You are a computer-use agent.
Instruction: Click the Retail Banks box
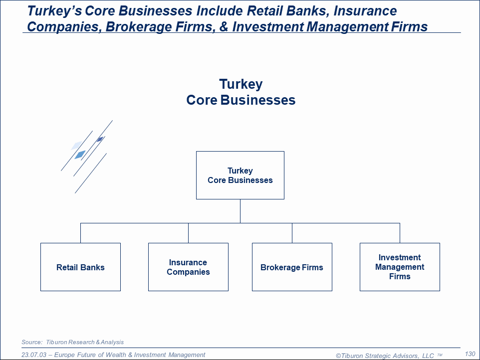click(80, 267)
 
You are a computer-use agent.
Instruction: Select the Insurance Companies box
click(188, 267)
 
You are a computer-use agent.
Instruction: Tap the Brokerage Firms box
click(292, 267)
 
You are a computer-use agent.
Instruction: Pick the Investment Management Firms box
click(400, 267)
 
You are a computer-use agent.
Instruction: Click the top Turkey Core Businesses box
click(240, 175)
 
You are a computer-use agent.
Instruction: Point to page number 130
click(470, 354)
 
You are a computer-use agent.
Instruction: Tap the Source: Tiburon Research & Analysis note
click(73, 342)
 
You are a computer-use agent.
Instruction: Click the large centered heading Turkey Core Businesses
click(240, 92)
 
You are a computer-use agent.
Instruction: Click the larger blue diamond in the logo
click(80, 155)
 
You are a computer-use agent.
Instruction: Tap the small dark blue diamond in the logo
click(100, 139)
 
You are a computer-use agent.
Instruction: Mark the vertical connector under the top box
click(240, 211)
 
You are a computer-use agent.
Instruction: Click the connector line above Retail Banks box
click(80, 233)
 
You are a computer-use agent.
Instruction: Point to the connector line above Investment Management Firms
click(400, 233)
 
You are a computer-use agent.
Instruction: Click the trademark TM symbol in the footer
click(440, 355)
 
